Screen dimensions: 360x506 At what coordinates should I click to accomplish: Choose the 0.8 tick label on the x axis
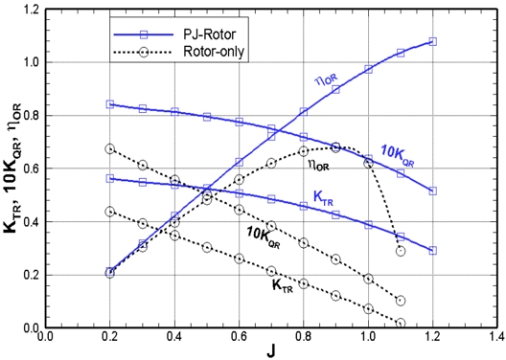pyautogui.click(x=303, y=338)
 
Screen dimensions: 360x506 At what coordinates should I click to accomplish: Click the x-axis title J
pyautogui.click(x=270, y=351)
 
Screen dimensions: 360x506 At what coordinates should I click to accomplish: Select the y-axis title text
pyautogui.click(x=10, y=168)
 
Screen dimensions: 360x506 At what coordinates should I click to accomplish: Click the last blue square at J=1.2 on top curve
pyautogui.click(x=433, y=41)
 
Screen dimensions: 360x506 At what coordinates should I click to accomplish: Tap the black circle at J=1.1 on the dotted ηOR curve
pyautogui.click(x=401, y=251)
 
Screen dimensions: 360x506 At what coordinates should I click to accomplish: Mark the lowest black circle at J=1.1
pyautogui.click(x=401, y=323)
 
